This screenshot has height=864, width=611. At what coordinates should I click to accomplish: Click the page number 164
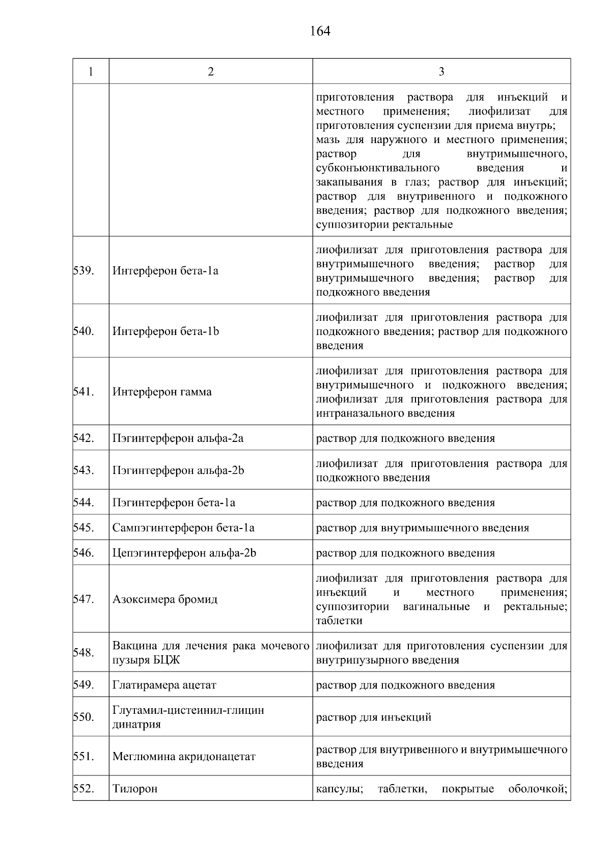[x=320, y=32]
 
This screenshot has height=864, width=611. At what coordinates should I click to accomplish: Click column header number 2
[x=211, y=72]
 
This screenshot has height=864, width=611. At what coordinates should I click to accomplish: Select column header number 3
[x=441, y=72]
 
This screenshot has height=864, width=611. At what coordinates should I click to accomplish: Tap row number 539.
[x=83, y=270]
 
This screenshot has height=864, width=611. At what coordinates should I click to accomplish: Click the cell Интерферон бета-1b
[x=165, y=331]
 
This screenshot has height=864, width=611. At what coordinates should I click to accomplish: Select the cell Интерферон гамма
[x=162, y=392]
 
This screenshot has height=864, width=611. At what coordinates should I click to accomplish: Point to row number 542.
[x=84, y=438]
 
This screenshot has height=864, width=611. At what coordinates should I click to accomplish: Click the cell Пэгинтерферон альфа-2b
[x=178, y=470]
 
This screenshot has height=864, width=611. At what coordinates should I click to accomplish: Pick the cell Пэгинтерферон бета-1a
[x=174, y=503]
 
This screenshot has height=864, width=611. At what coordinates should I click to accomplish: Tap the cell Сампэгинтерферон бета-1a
[x=183, y=528]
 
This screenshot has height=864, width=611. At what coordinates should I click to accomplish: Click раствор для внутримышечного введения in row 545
[x=422, y=528]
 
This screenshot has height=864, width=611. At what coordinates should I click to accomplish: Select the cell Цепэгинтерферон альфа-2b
[x=184, y=553]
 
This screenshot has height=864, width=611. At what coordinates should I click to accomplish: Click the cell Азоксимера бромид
[x=165, y=599]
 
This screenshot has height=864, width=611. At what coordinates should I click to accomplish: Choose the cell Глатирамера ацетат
[x=164, y=685]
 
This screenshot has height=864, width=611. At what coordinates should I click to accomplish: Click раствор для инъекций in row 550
[x=374, y=717]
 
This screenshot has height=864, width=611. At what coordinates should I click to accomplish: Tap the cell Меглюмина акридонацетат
[x=184, y=757]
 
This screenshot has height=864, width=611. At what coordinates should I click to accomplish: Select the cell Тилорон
[x=135, y=789]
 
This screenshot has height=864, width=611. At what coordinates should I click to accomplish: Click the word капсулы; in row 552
[x=339, y=789]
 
